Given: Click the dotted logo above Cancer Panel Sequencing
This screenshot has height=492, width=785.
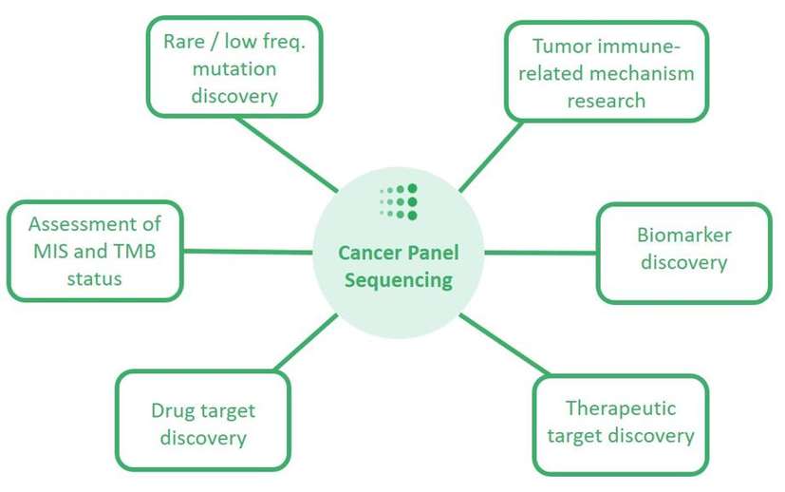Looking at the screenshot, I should click(399, 201).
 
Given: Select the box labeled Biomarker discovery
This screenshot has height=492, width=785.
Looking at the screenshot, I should click(683, 250).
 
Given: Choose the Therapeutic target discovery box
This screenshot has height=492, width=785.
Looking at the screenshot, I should click(620, 424).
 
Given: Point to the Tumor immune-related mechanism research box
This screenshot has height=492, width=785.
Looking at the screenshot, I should click(606, 72).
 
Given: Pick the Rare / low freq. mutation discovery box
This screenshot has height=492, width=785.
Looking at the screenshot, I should click(234, 67).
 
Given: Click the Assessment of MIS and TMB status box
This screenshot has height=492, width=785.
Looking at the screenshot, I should click(94, 251).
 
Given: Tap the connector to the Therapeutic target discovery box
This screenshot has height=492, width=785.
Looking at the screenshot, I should click(503, 344).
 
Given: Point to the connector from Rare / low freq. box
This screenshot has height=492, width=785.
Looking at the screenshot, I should click(285, 151).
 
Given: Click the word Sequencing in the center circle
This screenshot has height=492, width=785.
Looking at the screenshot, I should click(399, 279).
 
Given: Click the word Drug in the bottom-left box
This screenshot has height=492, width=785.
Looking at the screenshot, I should click(172, 411).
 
